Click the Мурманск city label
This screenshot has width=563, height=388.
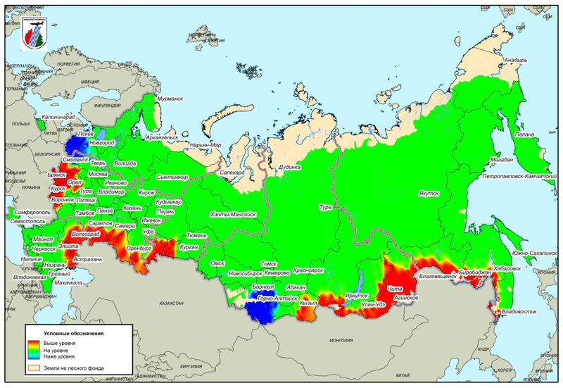174,99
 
